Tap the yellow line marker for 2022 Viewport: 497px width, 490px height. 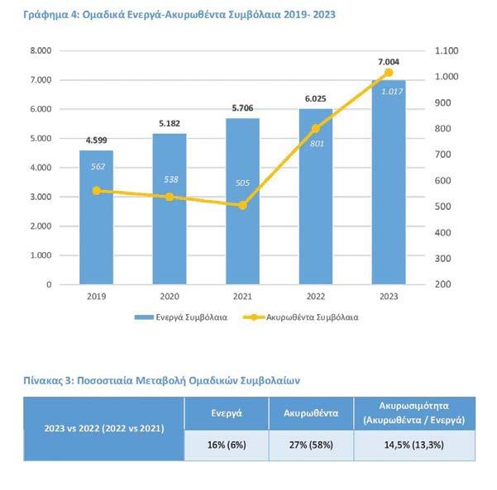[316, 129]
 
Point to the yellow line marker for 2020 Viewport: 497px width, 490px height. [170, 197]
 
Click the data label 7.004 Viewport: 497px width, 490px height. [389, 61]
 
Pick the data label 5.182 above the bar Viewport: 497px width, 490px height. [170, 123]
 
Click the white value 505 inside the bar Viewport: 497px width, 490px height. [242, 185]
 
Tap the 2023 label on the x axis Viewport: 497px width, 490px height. [389, 296]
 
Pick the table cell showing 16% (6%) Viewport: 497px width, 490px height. [226, 445]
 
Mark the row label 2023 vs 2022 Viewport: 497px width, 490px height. [103, 429]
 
